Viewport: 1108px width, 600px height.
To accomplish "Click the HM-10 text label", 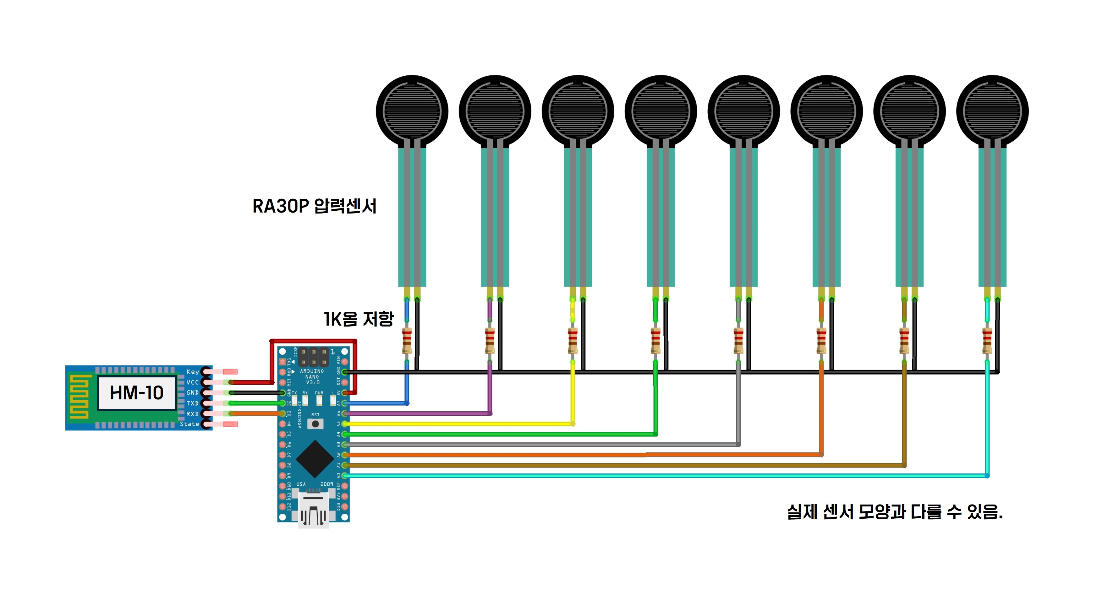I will click(136, 393).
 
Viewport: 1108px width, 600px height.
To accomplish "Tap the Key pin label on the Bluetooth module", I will click(192, 372).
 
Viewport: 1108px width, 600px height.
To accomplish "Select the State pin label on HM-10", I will click(189, 424).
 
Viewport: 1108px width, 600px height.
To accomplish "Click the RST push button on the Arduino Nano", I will click(315, 424).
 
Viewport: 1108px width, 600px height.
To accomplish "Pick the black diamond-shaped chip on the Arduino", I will click(315, 459).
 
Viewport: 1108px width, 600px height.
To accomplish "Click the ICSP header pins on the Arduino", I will click(314, 357).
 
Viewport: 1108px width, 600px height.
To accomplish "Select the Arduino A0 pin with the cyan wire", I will click(344, 476).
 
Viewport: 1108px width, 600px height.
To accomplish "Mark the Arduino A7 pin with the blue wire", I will click(344, 403).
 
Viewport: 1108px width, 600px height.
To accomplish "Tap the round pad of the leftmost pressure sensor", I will click(412, 111).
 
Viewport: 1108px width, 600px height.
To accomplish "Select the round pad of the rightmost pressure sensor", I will click(992, 111).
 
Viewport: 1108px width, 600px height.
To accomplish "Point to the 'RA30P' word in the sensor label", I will click(280, 206).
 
